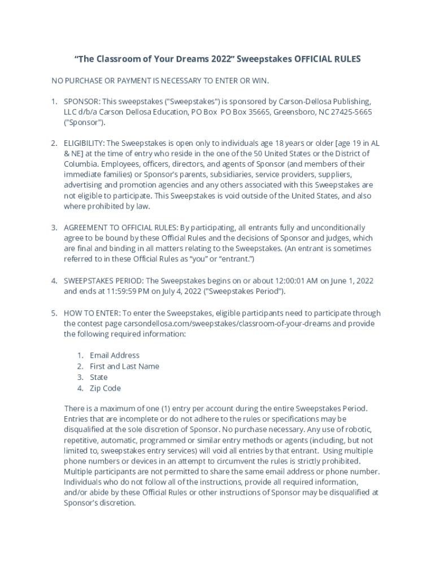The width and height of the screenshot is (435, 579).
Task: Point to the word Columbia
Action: (x=81, y=164)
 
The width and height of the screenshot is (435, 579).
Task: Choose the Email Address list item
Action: (x=115, y=355)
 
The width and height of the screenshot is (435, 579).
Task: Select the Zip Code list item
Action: (x=105, y=388)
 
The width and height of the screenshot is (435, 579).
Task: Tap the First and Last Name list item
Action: (x=124, y=366)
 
